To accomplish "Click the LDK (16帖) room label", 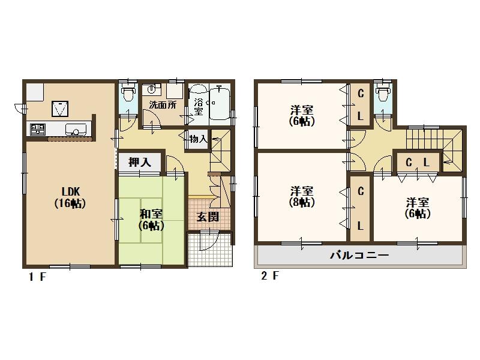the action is tap(70, 197).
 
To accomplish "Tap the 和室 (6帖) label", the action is tap(151, 220).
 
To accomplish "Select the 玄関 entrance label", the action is tap(208, 217).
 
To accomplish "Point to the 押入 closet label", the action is tap(140, 162).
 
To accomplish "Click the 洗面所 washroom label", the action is tap(163, 105).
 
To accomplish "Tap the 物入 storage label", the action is tap(199, 140).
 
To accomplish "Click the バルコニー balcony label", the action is tap(359, 255).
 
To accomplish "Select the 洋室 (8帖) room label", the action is tap(302, 197).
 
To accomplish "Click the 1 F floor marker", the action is tap(37, 277).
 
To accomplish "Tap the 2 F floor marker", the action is tap(270, 276).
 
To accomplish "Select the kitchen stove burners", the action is tap(38, 130).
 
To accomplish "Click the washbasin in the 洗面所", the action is tap(151, 89).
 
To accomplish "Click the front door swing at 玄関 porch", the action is tap(209, 241).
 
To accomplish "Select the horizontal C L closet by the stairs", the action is tap(418, 162).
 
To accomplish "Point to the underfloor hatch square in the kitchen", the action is tap(60, 109).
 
